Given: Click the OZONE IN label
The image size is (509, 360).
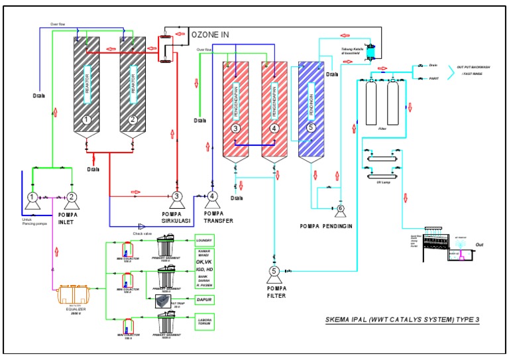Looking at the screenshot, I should click(211, 34).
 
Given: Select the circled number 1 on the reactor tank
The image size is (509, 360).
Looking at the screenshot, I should click(86, 120).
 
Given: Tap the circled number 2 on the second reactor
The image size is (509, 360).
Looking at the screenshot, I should click(133, 120).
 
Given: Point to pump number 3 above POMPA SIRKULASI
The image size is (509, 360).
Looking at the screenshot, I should click(177, 196).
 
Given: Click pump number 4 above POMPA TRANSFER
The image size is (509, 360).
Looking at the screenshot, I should click(211, 196).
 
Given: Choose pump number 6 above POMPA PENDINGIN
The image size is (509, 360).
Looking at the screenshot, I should click(340, 209).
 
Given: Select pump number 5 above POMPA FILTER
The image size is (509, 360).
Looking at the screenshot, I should click(274, 270).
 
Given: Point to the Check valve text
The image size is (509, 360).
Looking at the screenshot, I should click(144, 233).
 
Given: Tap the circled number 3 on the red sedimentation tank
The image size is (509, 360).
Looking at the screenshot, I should click(235, 128).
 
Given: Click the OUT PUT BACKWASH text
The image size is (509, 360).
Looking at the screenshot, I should click(474, 67).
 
